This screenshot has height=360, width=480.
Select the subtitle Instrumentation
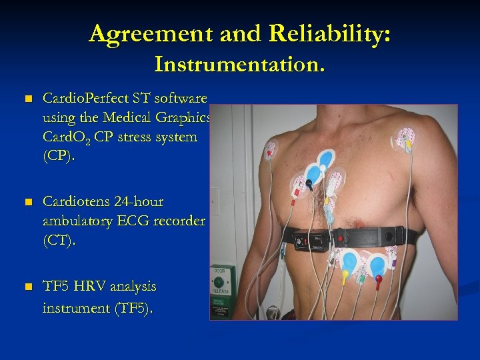[x=240, y=65]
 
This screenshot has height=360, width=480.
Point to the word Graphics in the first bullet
[x=188, y=118]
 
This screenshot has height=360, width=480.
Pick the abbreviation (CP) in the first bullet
[x=56, y=156]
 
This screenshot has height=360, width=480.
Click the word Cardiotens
[x=75, y=201]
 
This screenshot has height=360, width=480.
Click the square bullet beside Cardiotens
[x=27, y=202]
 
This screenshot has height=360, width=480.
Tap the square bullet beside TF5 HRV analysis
[x=27, y=287]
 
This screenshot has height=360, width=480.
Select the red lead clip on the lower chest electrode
[x=378, y=279]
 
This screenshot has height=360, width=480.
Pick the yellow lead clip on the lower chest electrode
[x=345, y=274]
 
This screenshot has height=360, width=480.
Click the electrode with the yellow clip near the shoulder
[x=405, y=139]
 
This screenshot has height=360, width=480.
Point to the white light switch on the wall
[x=215, y=201]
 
